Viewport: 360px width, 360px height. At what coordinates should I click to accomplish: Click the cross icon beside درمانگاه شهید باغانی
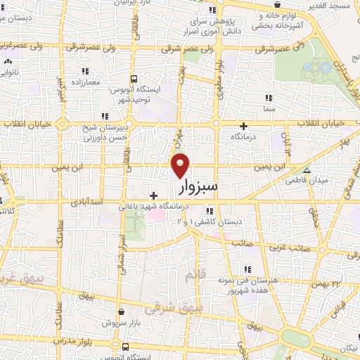pyautogui.click(x=153, y=195)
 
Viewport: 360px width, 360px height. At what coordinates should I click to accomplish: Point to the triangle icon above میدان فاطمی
pyautogui.click(x=306, y=170)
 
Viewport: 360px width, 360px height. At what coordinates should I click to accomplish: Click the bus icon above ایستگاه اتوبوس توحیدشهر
pyautogui.click(x=134, y=79)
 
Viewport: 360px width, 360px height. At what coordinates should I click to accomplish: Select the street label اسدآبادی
pyautogui.click(x=91, y=201)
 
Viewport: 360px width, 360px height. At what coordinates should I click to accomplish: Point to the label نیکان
pyautogui.click(x=345, y=349)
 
